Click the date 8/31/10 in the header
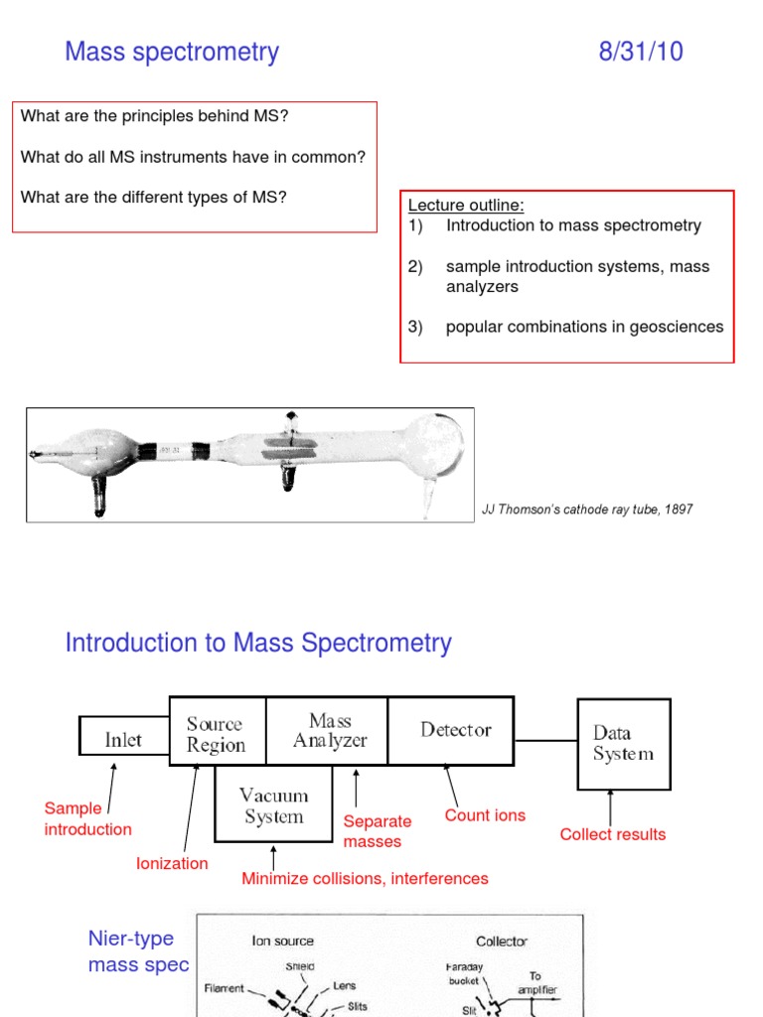point(640,52)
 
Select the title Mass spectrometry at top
point(172,52)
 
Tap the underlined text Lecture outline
point(466,206)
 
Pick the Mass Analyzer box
point(330,731)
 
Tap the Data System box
point(623,743)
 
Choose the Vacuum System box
point(274,806)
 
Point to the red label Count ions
point(485,815)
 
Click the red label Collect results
point(612,834)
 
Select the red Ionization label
point(172,863)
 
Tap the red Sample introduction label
point(87,819)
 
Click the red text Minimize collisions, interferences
point(365,878)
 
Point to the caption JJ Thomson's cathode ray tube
point(587,509)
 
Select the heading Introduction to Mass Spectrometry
point(258,643)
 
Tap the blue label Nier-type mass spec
point(138,951)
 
